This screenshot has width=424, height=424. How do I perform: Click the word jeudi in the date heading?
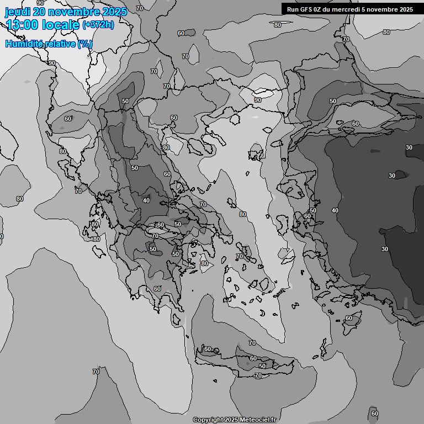point(17,12)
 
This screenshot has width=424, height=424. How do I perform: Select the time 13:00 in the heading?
point(23,25)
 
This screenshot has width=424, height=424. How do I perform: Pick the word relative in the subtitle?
point(57,44)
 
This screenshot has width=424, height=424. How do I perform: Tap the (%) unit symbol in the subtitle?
point(84,44)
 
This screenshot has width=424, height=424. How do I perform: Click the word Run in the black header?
point(293,9)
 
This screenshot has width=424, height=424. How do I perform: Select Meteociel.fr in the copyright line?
point(257,420)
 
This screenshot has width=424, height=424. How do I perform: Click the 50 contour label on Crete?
point(262,366)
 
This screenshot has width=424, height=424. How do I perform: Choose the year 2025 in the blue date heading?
point(113,12)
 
